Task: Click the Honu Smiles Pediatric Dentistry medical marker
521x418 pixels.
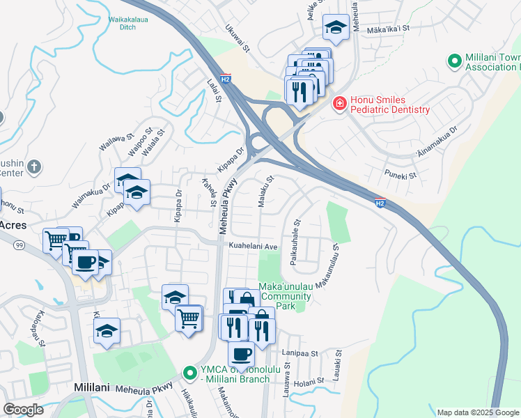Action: click(x=339, y=104)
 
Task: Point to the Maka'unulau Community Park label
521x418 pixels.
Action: click(x=284, y=296)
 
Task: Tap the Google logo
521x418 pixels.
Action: click(x=24, y=410)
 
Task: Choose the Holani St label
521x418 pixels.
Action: click(x=306, y=382)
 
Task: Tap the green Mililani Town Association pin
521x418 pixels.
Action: click(x=454, y=61)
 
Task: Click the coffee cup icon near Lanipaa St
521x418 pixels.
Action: click(x=241, y=354)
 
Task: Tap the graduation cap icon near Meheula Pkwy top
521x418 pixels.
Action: click(x=336, y=28)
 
